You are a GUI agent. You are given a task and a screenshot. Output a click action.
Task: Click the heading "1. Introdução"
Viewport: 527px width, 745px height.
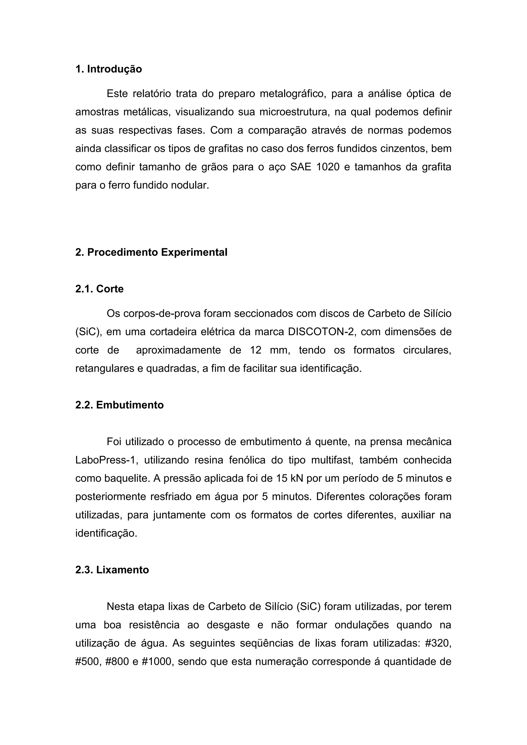pyautogui.click(x=108, y=69)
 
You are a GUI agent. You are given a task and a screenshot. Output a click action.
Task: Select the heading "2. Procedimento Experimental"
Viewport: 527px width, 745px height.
pyautogui.click(x=151, y=252)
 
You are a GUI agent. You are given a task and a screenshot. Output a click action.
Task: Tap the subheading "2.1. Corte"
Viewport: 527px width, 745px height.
pyautogui.click(x=99, y=289)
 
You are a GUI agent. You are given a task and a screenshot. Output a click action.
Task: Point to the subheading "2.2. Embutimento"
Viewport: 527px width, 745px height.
pyautogui.click(x=119, y=405)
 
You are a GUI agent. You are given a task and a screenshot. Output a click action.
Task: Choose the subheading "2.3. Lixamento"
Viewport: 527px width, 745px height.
pyautogui.click(x=112, y=570)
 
